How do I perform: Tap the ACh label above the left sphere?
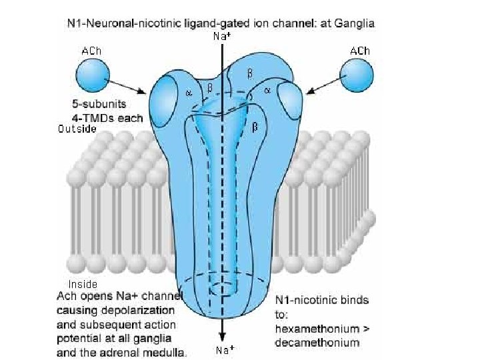pyautogui.click(x=91, y=50)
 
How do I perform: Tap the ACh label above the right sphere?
pyautogui.click(x=360, y=50)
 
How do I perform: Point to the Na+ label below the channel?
pyautogui.click(x=225, y=349)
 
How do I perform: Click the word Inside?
pyautogui.click(x=83, y=284)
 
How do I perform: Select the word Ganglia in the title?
pyautogui.click(x=354, y=23)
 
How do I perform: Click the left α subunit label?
pyautogui.click(x=188, y=93)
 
